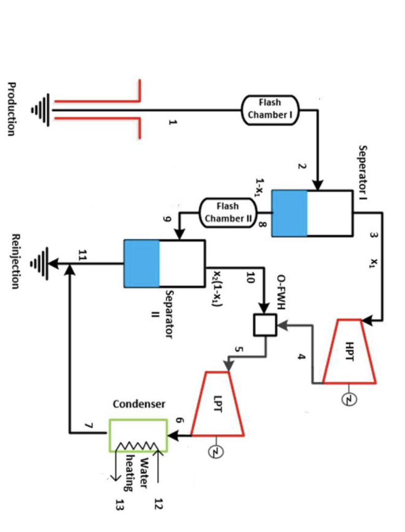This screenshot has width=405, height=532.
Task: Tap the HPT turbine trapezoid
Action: (x=349, y=352)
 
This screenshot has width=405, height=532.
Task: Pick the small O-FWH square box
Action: (x=265, y=325)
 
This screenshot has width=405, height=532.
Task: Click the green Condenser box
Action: (x=138, y=435)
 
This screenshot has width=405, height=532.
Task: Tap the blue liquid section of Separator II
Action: (x=141, y=263)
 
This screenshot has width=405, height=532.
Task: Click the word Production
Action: (x=11, y=109)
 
